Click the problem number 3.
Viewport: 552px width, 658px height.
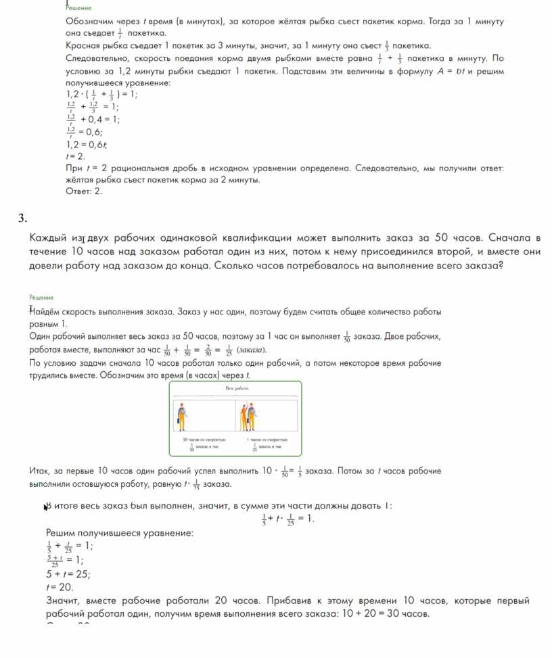(22, 218)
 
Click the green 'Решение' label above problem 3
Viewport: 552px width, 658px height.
(41, 297)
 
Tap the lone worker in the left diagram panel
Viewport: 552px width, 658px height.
(181, 416)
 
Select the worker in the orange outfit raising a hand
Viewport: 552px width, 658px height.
(252, 415)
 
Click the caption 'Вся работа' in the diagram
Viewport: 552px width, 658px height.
(237, 389)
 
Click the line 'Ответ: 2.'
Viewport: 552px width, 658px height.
(83, 191)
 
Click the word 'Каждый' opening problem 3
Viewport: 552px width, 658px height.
(48, 238)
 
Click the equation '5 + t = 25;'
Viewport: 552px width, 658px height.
(68, 573)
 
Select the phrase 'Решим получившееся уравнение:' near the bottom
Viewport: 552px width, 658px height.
(119, 533)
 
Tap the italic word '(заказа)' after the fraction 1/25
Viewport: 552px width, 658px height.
(252, 350)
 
